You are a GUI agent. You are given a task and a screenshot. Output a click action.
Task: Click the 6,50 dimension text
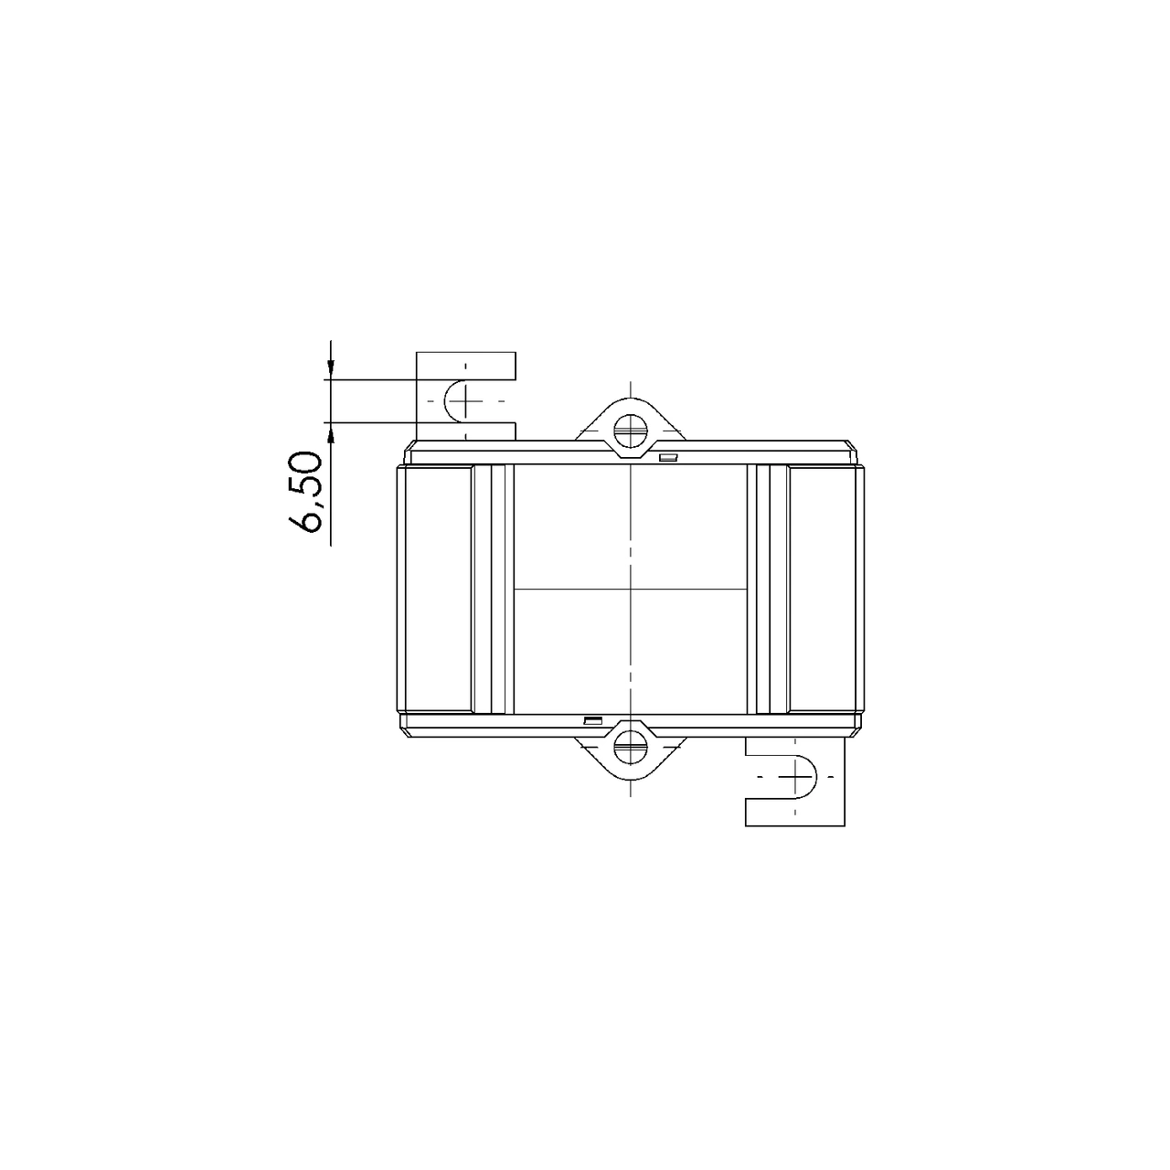tap(304, 492)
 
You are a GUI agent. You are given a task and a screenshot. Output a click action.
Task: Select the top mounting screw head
tap(630, 431)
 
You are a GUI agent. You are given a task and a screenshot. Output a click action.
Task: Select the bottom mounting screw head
tap(630, 747)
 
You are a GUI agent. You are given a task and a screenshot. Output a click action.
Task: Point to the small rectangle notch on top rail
tap(668, 457)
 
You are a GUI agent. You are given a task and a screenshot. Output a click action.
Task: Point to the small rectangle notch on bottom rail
tap(592, 720)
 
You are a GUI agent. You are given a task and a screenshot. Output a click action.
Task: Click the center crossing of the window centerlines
tap(631, 589)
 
